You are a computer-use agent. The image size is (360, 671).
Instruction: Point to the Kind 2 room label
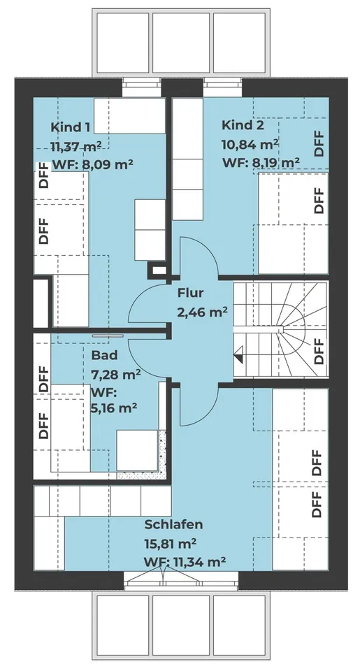pyautogui.click(x=243, y=126)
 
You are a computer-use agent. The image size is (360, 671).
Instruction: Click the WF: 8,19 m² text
pyautogui.click(x=261, y=163)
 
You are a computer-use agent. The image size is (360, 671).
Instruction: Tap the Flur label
pyautogui.click(x=190, y=294)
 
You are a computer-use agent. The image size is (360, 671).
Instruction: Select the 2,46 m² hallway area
pyautogui.click(x=202, y=312)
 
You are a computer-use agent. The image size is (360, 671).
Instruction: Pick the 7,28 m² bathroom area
pyautogui.click(x=116, y=374)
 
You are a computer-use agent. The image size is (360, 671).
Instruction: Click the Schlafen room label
pyautogui.click(x=174, y=524)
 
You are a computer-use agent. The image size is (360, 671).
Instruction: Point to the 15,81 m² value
pyautogui.click(x=170, y=542)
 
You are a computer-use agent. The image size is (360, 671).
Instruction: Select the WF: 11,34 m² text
pyautogui.click(x=185, y=561)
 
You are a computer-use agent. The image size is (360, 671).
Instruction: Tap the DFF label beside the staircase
pyautogui.click(x=318, y=351)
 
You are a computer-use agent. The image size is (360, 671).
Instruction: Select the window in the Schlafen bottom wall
pyautogui.click(x=163, y=577)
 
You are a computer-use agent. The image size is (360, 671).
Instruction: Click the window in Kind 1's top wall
pyautogui.click(x=142, y=88)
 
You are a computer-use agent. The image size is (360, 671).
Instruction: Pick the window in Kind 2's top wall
pyautogui.click(x=223, y=88)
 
